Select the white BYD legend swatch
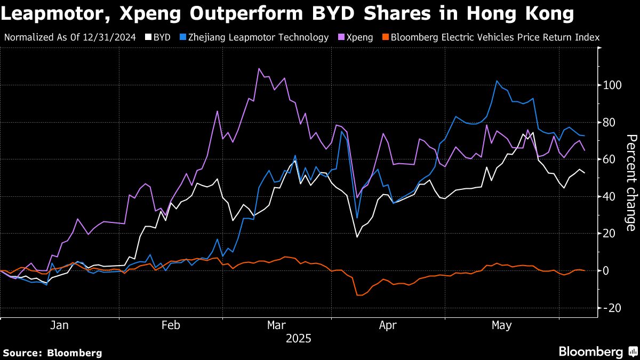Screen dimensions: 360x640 pos(148,37)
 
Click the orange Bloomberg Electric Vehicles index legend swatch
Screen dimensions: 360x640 pos(384,37)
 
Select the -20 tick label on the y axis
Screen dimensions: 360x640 pos(611,308)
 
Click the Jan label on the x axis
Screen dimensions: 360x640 pos(60,325)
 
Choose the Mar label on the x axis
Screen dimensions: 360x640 pos(277,325)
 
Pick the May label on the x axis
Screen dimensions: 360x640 pos(501,325)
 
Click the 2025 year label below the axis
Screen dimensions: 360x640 pos(299,339)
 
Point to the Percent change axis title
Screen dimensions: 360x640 pos(631,183)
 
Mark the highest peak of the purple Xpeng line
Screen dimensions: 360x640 pos(259,68)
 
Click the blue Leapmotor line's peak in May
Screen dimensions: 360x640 pos(497,81)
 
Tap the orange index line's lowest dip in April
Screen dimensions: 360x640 pos(358,295)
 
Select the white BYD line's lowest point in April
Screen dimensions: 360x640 pos(357,237)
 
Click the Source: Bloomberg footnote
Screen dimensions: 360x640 pos(52,353)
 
